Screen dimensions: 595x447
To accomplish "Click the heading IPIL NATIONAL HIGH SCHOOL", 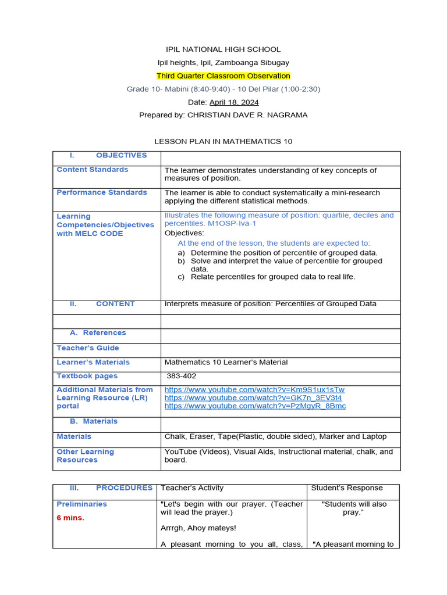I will click(x=223, y=49).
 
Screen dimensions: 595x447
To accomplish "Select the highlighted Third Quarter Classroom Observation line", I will click(x=223, y=76).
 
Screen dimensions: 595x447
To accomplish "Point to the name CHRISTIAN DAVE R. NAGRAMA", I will click(x=247, y=115).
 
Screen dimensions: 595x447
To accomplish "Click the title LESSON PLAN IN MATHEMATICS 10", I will click(x=223, y=141).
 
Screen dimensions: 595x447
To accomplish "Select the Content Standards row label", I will click(x=93, y=170).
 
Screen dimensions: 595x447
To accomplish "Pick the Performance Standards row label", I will click(x=102, y=192).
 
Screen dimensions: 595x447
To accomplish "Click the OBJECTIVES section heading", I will click(x=121, y=155).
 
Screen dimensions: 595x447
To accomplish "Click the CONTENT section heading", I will click(x=115, y=304).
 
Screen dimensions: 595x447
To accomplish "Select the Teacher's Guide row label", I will click(x=88, y=348).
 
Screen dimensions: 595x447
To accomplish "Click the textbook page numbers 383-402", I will click(x=182, y=376).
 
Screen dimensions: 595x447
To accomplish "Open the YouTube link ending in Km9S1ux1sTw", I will click(x=254, y=389).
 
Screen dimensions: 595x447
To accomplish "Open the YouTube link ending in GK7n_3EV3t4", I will click(x=253, y=397).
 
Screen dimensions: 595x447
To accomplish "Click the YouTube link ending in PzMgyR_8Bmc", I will click(x=255, y=406).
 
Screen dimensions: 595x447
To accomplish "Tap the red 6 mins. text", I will click(x=70, y=518).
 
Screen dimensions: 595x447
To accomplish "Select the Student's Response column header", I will click(x=347, y=488).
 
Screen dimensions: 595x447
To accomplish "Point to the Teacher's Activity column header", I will click(x=192, y=488).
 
